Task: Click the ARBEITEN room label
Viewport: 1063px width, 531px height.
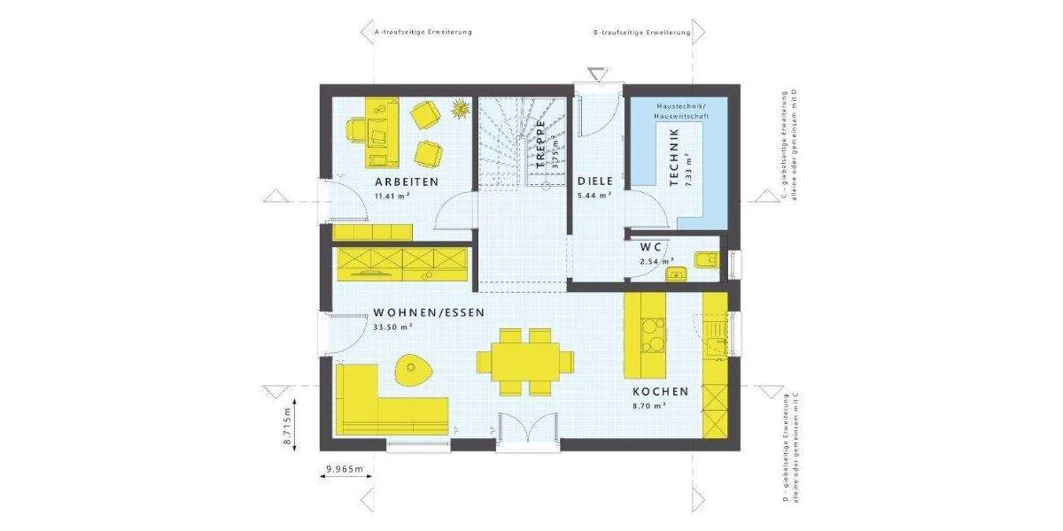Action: pos(407,181)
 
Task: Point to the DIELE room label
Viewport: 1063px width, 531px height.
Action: pos(595,181)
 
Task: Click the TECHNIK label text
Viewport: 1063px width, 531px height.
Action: pos(674,157)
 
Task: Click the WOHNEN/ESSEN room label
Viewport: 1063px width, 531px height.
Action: pos(429,312)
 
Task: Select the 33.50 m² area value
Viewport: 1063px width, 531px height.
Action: pos(393,327)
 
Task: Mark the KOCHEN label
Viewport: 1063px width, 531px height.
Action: pos(660,391)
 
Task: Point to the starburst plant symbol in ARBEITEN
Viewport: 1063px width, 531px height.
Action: pos(460,109)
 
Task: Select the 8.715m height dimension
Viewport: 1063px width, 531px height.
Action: pos(288,428)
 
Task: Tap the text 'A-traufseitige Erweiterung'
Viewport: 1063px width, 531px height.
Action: pos(423,32)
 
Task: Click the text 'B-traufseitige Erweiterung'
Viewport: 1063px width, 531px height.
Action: pos(641,32)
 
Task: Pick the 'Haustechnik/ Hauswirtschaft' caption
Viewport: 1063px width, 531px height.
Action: pos(678,111)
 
